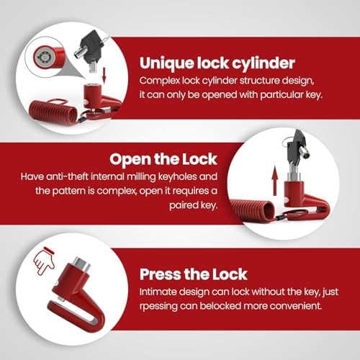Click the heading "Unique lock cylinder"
pyautogui.click(x=217, y=63)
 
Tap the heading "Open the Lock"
pyautogui.click(x=163, y=159)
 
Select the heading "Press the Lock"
pyautogui.click(x=194, y=274)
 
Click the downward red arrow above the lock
pyautogui.click(x=104, y=74)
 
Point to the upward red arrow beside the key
pyautogui.click(x=275, y=181)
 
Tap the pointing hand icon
pyautogui.click(x=44, y=261)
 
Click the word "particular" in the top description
pyautogui.click(x=282, y=95)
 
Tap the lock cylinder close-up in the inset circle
pyautogui.click(x=45, y=57)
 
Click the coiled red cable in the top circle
pyautogui.click(x=53, y=112)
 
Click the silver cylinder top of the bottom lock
pyautogui.click(x=81, y=264)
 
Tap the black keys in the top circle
pyautogui.click(x=91, y=48)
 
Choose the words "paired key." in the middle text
pyautogui.click(x=194, y=205)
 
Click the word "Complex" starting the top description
pyautogui.click(x=160, y=81)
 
